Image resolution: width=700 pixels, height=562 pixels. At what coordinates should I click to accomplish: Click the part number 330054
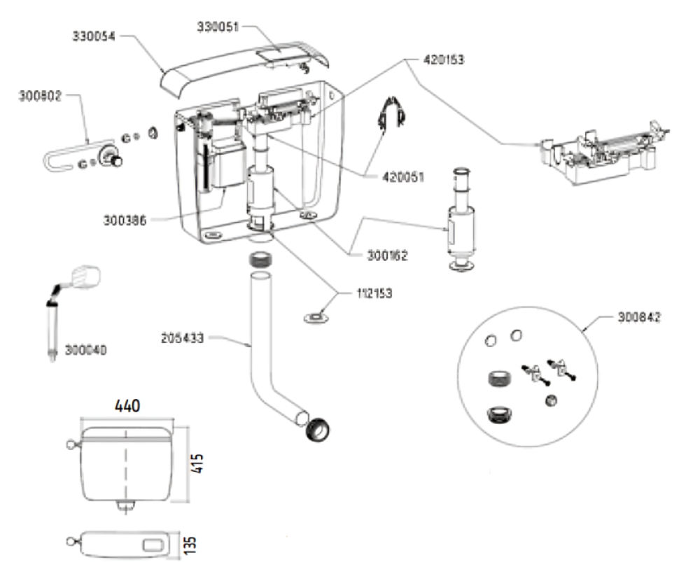click(94, 36)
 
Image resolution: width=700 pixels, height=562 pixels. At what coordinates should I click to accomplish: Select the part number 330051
click(218, 27)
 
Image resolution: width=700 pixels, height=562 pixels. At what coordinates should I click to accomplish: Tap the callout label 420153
click(444, 59)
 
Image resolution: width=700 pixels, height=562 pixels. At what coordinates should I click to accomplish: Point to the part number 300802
click(40, 96)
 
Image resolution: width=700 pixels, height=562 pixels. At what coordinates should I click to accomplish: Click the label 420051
click(403, 177)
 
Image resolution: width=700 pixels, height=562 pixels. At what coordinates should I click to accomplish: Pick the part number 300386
click(125, 220)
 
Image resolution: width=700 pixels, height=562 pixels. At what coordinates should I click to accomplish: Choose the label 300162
click(387, 255)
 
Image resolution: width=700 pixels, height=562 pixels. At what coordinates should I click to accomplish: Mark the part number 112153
click(374, 293)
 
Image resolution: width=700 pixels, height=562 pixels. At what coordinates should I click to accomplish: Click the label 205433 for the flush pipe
click(182, 338)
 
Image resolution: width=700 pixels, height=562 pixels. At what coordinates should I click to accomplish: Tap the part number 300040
click(85, 350)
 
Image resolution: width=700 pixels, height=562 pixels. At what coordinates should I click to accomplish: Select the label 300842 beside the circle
click(639, 317)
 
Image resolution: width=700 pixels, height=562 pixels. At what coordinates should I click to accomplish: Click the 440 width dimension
click(127, 406)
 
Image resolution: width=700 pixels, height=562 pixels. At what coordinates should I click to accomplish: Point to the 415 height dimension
click(197, 463)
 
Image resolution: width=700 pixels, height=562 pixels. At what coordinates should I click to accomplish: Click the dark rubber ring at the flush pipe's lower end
click(318, 430)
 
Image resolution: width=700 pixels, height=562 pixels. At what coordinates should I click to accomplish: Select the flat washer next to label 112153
click(316, 318)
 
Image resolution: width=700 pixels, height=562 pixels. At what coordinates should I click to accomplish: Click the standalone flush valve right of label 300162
click(461, 220)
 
